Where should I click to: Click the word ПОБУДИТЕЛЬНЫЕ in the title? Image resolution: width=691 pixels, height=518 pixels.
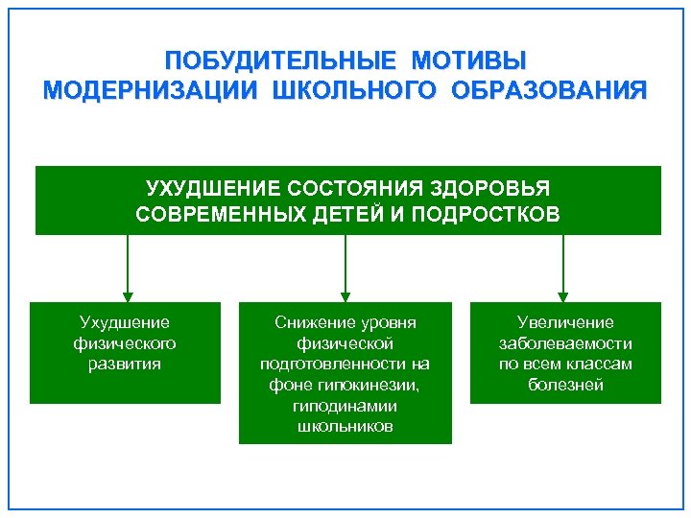pos(279,61)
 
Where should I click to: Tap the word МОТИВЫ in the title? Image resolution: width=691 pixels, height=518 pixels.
pos(469,61)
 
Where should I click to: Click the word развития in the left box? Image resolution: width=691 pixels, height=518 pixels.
pos(125,364)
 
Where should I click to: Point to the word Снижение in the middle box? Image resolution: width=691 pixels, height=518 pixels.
pos(306,322)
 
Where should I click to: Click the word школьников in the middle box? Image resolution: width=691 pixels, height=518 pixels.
pos(345,427)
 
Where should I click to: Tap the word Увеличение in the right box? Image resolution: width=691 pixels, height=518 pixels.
pos(565,322)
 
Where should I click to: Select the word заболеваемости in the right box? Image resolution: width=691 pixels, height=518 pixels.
pos(565,343)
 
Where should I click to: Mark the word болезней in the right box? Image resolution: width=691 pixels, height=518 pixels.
pos(565,386)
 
